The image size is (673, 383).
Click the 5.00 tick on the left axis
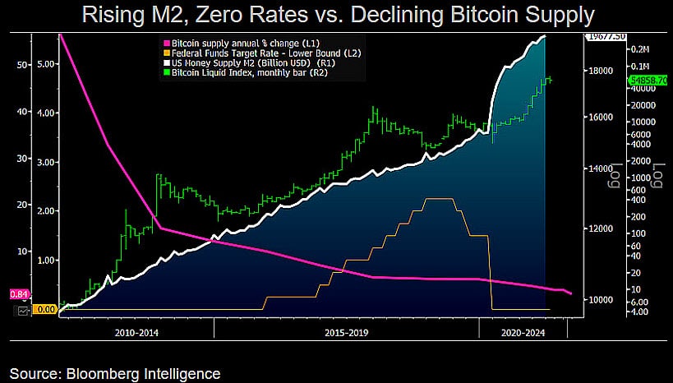(48, 63)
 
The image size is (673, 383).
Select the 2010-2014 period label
(137, 334)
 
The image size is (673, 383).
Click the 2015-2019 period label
(345, 334)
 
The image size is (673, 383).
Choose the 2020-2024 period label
(523, 334)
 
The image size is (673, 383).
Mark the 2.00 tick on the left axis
(48, 210)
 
